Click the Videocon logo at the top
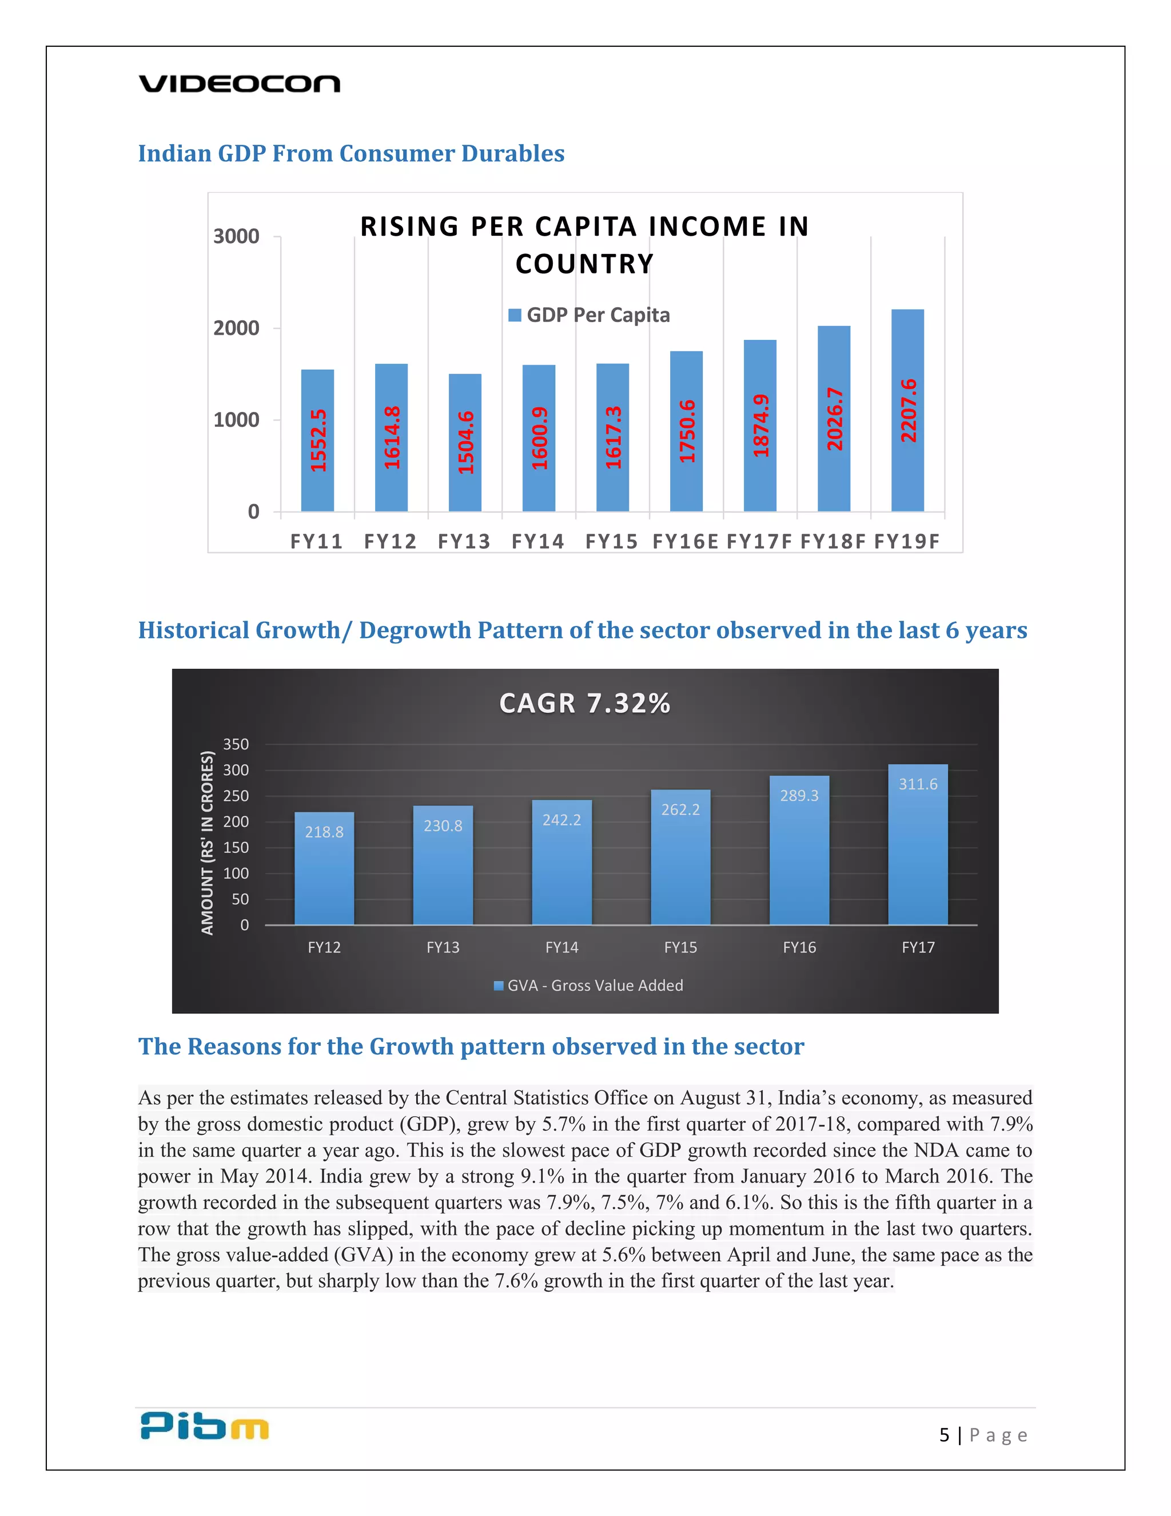pos(240,84)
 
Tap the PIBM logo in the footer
pos(204,1426)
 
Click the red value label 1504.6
pos(465,442)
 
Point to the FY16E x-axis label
pos(686,541)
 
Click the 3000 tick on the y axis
pos(237,237)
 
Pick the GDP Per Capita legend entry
pos(590,315)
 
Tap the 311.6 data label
pos(918,784)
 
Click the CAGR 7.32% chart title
pos(585,703)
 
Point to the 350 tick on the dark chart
pos(236,744)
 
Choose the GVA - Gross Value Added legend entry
pos(588,986)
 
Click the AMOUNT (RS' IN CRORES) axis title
pos(208,843)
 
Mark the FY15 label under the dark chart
pos(680,947)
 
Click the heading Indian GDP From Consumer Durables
pos(351,153)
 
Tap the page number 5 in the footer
pos(944,1435)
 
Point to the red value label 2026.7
pos(835,419)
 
